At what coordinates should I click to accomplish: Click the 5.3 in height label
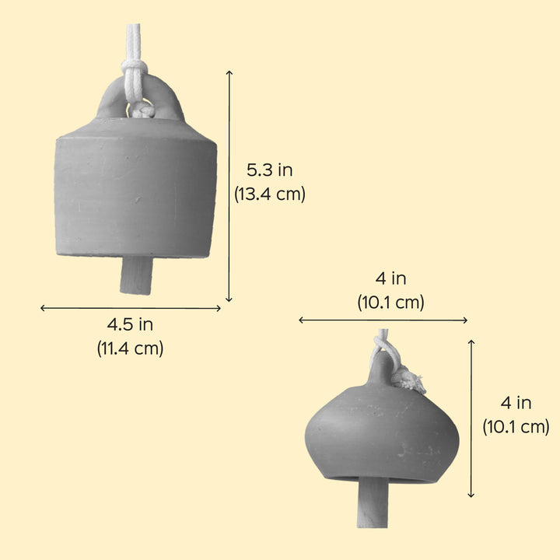click(269, 170)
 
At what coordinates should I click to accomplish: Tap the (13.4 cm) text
click(269, 194)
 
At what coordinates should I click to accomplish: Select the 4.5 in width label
click(130, 325)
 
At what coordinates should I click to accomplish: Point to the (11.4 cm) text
click(130, 348)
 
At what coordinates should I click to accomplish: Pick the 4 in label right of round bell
click(516, 403)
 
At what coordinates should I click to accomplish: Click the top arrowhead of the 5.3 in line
click(229, 72)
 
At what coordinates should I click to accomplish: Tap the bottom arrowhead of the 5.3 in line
click(229, 299)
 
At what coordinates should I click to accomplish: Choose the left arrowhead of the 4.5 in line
click(43, 308)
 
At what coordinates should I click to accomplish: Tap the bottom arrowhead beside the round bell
click(471, 495)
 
